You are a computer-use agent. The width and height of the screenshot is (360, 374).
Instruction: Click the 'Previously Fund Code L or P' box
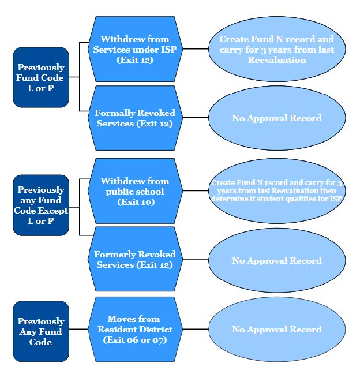point(40,77)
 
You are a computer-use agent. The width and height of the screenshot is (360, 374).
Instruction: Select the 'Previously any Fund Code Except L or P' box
point(40,205)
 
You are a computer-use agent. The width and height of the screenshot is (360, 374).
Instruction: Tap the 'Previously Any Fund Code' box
point(40,331)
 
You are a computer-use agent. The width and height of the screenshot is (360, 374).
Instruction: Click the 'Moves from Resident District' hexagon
point(134,329)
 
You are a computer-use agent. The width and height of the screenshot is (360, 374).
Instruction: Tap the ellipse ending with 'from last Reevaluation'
point(276,49)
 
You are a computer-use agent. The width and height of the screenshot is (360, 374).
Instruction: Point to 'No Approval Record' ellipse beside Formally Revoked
point(276,118)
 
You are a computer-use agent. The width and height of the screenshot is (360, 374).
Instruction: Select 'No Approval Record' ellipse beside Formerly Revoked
point(276,261)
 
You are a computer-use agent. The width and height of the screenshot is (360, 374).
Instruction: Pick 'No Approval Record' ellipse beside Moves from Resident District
point(276,330)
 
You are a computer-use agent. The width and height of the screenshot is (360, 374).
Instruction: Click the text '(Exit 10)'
point(132,202)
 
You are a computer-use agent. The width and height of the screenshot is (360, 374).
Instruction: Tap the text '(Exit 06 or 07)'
point(134,340)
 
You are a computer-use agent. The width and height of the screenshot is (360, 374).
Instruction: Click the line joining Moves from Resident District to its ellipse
point(194,330)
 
